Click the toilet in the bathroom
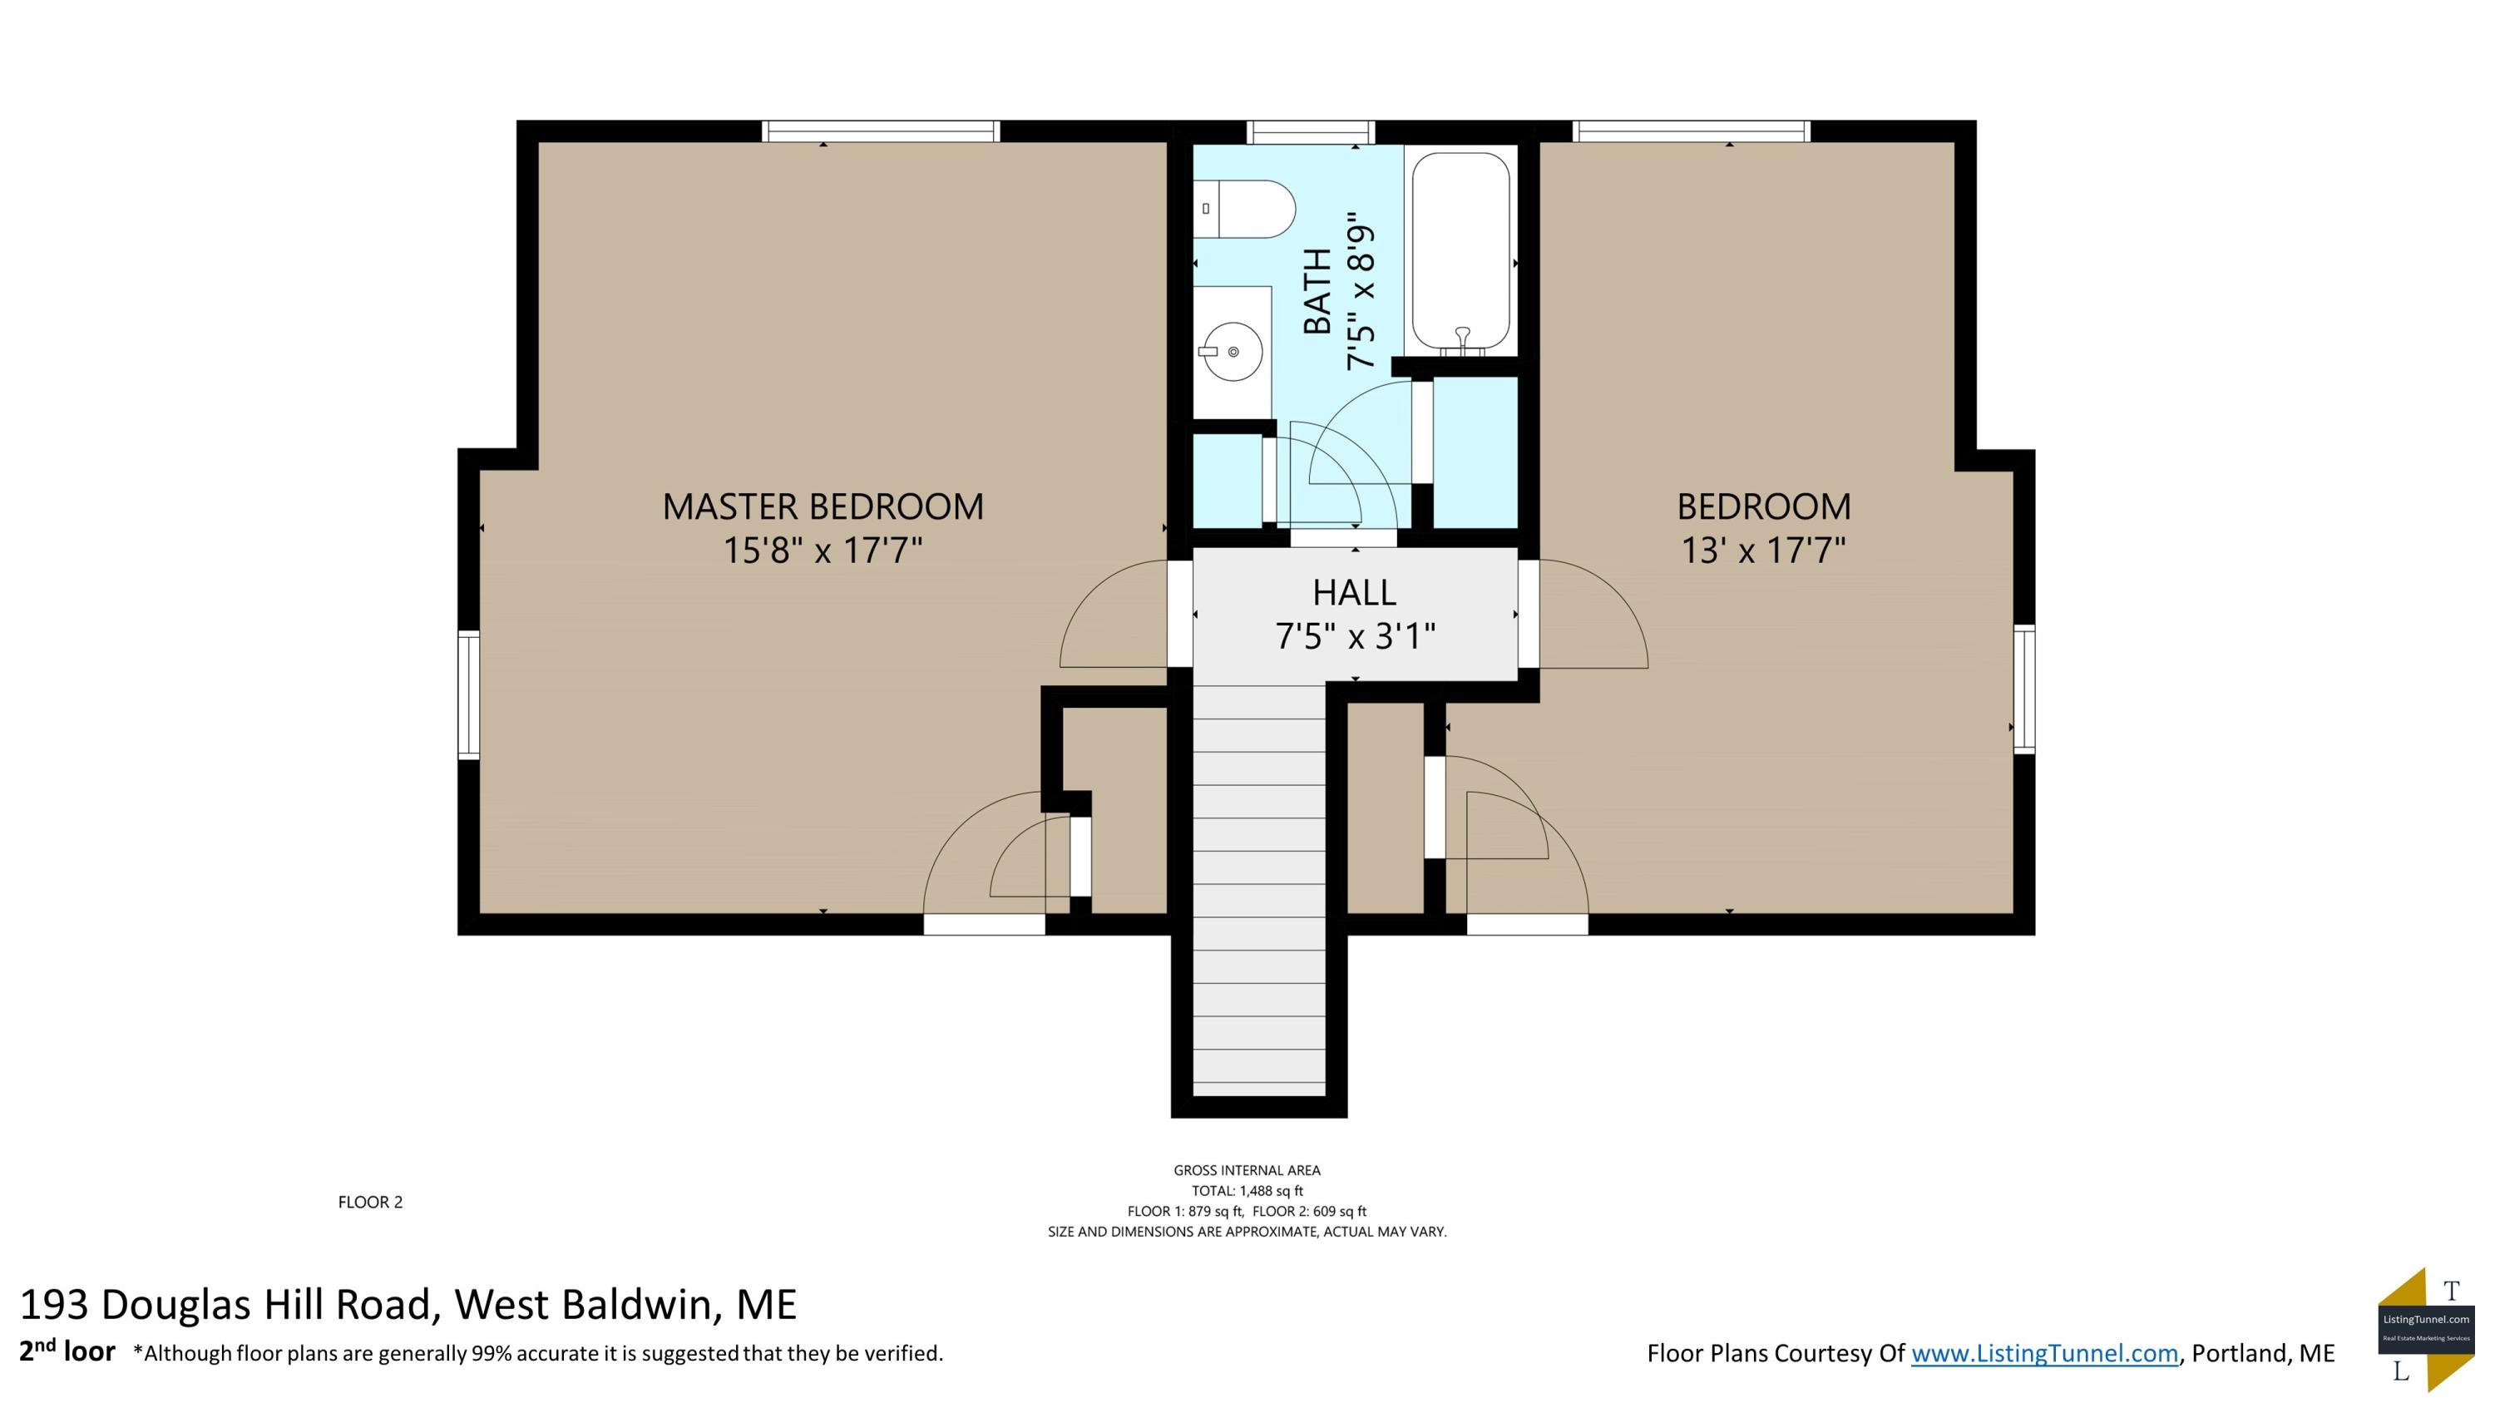pyautogui.click(x=1245, y=209)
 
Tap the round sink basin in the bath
pyautogui.click(x=1231, y=352)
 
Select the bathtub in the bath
pyautogui.click(x=1460, y=254)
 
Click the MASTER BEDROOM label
pyautogui.click(x=823, y=506)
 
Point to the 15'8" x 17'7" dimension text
pyautogui.click(x=823, y=551)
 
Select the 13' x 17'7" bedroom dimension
pyautogui.click(x=1763, y=551)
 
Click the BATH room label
pyautogui.click(x=1317, y=291)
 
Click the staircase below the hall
pyautogui.click(x=1258, y=890)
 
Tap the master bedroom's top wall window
pyautogui.click(x=881, y=131)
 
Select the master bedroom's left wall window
pyautogui.click(x=469, y=694)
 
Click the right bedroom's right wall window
pyautogui.click(x=2024, y=689)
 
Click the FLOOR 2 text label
pyautogui.click(x=370, y=1203)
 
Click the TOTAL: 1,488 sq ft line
pyautogui.click(x=1247, y=1191)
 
